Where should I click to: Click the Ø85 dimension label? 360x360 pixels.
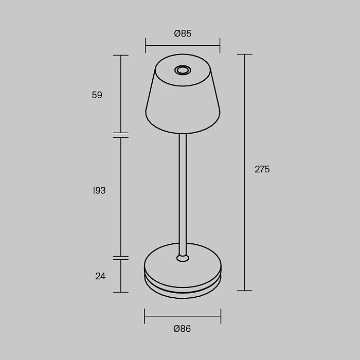tap(183, 33)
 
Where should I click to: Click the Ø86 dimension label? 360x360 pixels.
tap(182, 329)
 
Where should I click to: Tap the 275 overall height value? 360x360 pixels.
tap(262, 169)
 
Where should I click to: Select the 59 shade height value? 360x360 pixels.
tap(97, 95)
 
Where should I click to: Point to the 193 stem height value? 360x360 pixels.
tap(98, 191)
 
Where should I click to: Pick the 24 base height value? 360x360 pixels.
tap(100, 276)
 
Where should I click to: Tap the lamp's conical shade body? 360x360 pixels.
tap(183, 103)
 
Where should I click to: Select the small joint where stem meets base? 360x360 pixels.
tap(182, 257)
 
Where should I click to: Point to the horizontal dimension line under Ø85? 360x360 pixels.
tap(183, 45)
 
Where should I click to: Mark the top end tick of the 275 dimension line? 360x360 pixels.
tap(244, 54)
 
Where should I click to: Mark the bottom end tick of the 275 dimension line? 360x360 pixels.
tap(244, 291)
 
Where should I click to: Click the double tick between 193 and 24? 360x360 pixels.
tap(120, 258)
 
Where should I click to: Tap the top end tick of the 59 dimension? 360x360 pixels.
tap(120, 55)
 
